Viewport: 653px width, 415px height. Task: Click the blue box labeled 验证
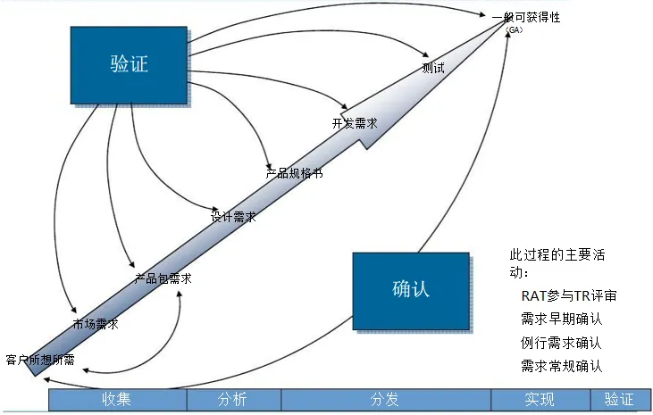click(x=129, y=64)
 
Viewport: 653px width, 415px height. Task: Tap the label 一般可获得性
click(x=526, y=17)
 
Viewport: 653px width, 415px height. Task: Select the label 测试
click(x=433, y=68)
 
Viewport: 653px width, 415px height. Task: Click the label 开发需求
click(x=355, y=123)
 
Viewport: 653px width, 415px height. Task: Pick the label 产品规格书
click(x=294, y=173)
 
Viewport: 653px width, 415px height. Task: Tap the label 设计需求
click(x=233, y=216)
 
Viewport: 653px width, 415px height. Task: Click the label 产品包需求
click(x=163, y=278)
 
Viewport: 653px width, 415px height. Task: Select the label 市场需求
click(x=96, y=324)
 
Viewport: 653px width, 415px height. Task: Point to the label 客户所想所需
click(x=40, y=360)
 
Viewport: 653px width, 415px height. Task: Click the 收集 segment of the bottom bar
click(x=117, y=400)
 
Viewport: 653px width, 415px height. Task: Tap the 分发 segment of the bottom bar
click(x=385, y=400)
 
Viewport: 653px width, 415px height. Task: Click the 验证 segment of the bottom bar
click(x=618, y=400)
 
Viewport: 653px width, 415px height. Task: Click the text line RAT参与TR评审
click(x=568, y=295)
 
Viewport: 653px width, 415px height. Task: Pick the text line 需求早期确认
click(x=560, y=319)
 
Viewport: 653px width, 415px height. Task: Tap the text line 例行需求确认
click(x=560, y=342)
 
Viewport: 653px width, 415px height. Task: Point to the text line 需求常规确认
click(x=560, y=365)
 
